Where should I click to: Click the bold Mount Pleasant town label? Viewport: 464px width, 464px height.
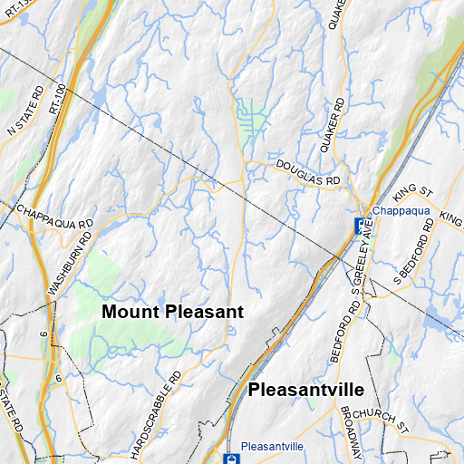coord(173,312)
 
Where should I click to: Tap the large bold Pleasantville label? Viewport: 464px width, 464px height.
coord(305,390)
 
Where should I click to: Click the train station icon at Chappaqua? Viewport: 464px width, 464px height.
coord(360,224)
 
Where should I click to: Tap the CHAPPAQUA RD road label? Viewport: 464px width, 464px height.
coord(54,215)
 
